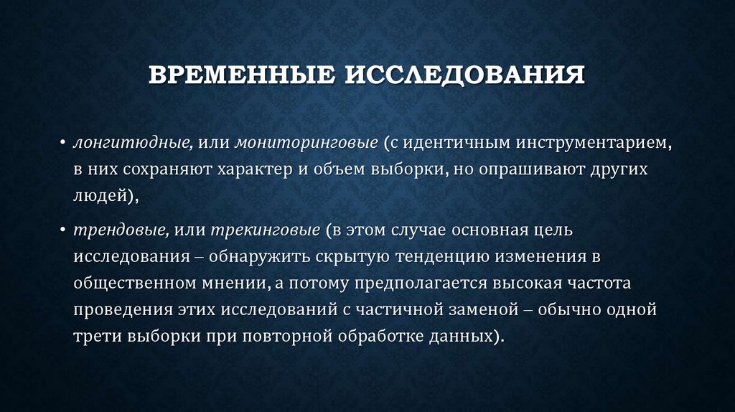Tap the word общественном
134,283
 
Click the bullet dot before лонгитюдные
63,143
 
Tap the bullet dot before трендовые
63,230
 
